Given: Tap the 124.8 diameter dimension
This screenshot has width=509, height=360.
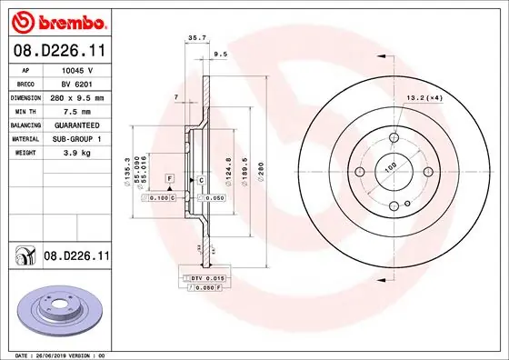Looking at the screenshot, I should pyautogui.click(x=226, y=170).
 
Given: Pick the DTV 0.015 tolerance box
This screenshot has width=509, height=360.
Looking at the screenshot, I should pyautogui.click(x=206, y=276).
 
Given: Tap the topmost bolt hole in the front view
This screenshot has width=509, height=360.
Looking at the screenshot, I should pyautogui.click(x=394, y=138).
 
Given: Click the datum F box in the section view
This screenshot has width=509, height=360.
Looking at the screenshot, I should pyautogui.click(x=169, y=182).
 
